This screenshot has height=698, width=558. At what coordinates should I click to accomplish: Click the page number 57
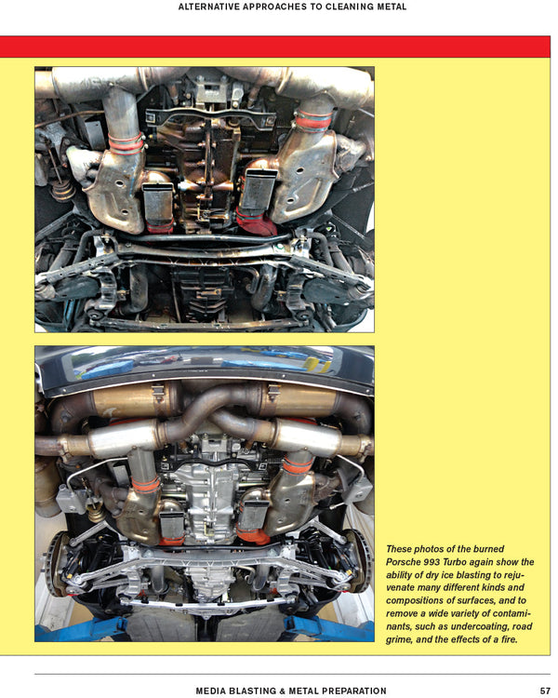545,691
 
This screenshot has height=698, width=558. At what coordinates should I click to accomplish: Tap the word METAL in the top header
392,7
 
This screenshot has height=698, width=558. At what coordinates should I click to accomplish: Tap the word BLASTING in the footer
250,691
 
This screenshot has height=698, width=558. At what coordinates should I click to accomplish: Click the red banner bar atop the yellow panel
275,47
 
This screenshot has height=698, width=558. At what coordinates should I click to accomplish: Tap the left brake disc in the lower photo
55,563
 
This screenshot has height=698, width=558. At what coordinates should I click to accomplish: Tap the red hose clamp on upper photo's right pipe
314,121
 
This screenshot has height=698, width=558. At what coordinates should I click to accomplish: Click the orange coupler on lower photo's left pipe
145,485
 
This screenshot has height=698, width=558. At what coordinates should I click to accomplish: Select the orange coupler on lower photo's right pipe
298,467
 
